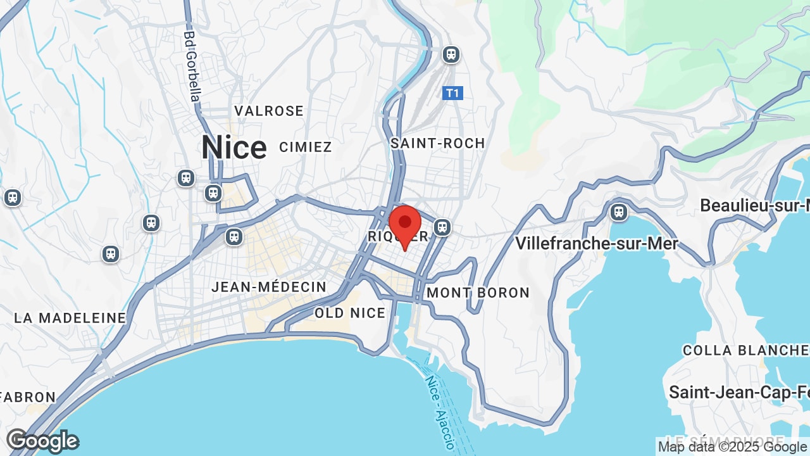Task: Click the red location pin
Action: pyautogui.click(x=405, y=225)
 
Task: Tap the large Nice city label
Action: pyautogui.click(x=234, y=148)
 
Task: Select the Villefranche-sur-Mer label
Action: pyautogui.click(x=596, y=243)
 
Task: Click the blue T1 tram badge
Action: pyautogui.click(x=452, y=94)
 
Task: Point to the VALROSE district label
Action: pyautogui.click(x=269, y=111)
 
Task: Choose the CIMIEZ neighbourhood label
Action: pyautogui.click(x=306, y=147)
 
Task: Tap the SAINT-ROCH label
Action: pyautogui.click(x=438, y=143)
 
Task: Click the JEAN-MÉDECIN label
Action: pyautogui.click(x=269, y=287)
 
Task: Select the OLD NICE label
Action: pyautogui.click(x=350, y=313)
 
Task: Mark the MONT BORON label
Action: pyautogui.click(x=478, y=293)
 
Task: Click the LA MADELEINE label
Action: pyautogui.click(x=70, y=318)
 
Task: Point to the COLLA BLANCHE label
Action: pyautogui.click(x=745, y=350)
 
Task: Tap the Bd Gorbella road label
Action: pyautogui.click(x=192, y=66)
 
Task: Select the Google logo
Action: pyautogui.click(x=42, y=441)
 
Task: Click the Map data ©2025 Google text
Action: pyautogui.click(x=733, y=447)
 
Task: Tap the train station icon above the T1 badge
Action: pyautogui.click(x=451, y=54)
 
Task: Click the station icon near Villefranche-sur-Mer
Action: pyautogui.click(x=619, y=212)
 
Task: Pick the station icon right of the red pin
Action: pyautogui.click(x=442, y=227)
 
